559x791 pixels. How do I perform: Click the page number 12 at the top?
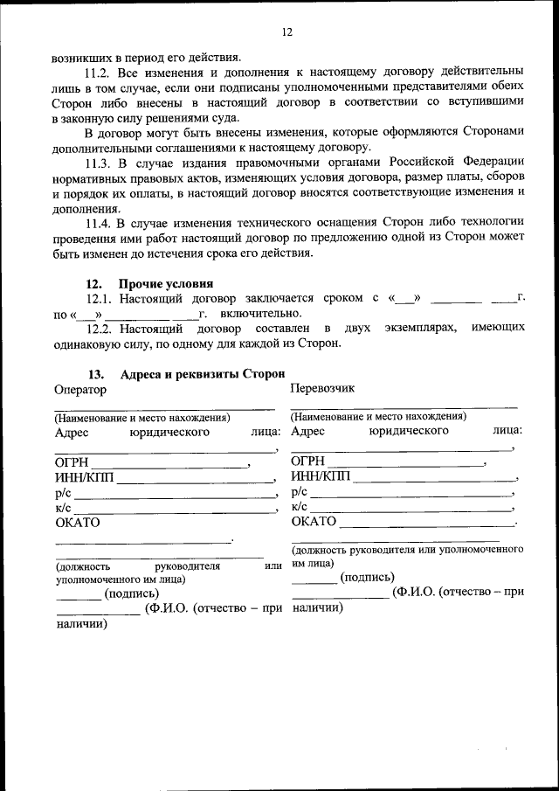coord(286,32)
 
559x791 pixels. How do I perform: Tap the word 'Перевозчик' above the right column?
coord(323,387)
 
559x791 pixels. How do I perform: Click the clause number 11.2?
coord(100,68)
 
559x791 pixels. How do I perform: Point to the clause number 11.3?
coord(100,163)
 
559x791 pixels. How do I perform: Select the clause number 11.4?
coord(100,224)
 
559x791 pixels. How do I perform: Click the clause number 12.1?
coord(100,298)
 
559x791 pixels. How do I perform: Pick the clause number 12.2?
coord(100,328)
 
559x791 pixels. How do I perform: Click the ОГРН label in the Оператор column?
coord(72,463)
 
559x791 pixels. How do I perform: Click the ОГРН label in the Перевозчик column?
coord(307,461)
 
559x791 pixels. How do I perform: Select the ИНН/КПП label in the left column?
coord(84,478)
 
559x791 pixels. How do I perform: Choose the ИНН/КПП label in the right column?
coord(320,476)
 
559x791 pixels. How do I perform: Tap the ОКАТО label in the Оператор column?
coord(78,524)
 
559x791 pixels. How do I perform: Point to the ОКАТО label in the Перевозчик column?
coord(314,522)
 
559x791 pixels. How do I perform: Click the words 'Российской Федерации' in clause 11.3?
coord(467,163)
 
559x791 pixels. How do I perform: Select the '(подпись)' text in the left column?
coord(131,594)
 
